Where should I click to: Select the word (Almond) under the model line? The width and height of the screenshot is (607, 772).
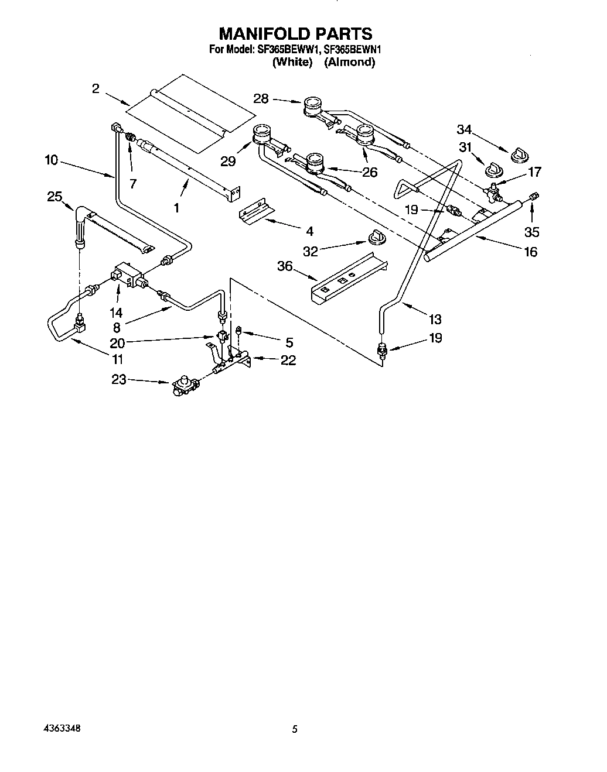[x=349, y=62]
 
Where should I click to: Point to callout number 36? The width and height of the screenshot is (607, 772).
[x=285, y=266]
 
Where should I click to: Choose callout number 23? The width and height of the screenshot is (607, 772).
[x=119, y=379]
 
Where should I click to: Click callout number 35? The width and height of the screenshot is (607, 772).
[x=531, y=232]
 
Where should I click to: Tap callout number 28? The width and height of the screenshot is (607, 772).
[x=261, y=99]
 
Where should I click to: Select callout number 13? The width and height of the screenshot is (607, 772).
[x=435, y=319]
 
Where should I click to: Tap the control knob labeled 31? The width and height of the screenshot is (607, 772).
[x=493, y=169]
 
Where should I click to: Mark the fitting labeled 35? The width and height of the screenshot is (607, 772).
[x=533, y=196]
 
